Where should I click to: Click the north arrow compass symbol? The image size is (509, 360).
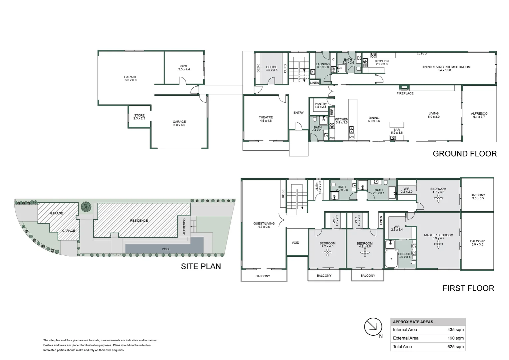(x=373, y=327)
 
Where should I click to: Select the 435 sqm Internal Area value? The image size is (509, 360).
(x=455, y=330)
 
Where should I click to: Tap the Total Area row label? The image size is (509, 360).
(x=402, y=347)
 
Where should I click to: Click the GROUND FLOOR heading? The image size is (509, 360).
(x=464, y=154)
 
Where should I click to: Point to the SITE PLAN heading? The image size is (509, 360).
(x=201, y=266)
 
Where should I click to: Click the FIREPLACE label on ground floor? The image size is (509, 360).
(x=405, y=93)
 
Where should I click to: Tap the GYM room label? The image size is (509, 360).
(x=184, y=68)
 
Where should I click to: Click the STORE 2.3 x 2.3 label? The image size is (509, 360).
(x=139, y=117)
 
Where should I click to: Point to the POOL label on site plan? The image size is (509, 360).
(x=166, y=249)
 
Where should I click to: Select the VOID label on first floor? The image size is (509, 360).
(x=295, y=243)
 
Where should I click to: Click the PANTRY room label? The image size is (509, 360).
(x=321, y=105)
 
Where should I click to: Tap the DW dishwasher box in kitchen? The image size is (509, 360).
(x=351, y=137)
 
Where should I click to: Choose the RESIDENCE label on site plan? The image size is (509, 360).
(x=139, y=221)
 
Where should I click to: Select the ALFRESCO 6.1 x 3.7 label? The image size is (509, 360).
(x=479, y=115)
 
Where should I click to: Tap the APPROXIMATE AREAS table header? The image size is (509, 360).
(x=413, y=322)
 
